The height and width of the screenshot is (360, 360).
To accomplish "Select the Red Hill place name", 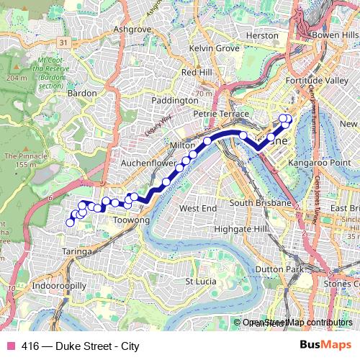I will pyautogui.click(x=197, y=72).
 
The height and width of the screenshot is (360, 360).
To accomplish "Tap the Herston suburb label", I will pyautogui.click(x=262, y=35).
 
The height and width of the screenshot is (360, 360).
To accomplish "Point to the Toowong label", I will pyautogui.click(x=131, y=219).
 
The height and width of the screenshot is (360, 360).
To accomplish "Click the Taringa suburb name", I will pyautogui.click(x=78, y=252).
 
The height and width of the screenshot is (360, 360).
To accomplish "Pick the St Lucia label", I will pyautogui.click(x=202, y=280).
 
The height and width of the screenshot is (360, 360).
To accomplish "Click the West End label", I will pyautogui.click(x=198, y=208).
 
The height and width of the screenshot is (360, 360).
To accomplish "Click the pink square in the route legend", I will pyautogui.click(x=10, y=346).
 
